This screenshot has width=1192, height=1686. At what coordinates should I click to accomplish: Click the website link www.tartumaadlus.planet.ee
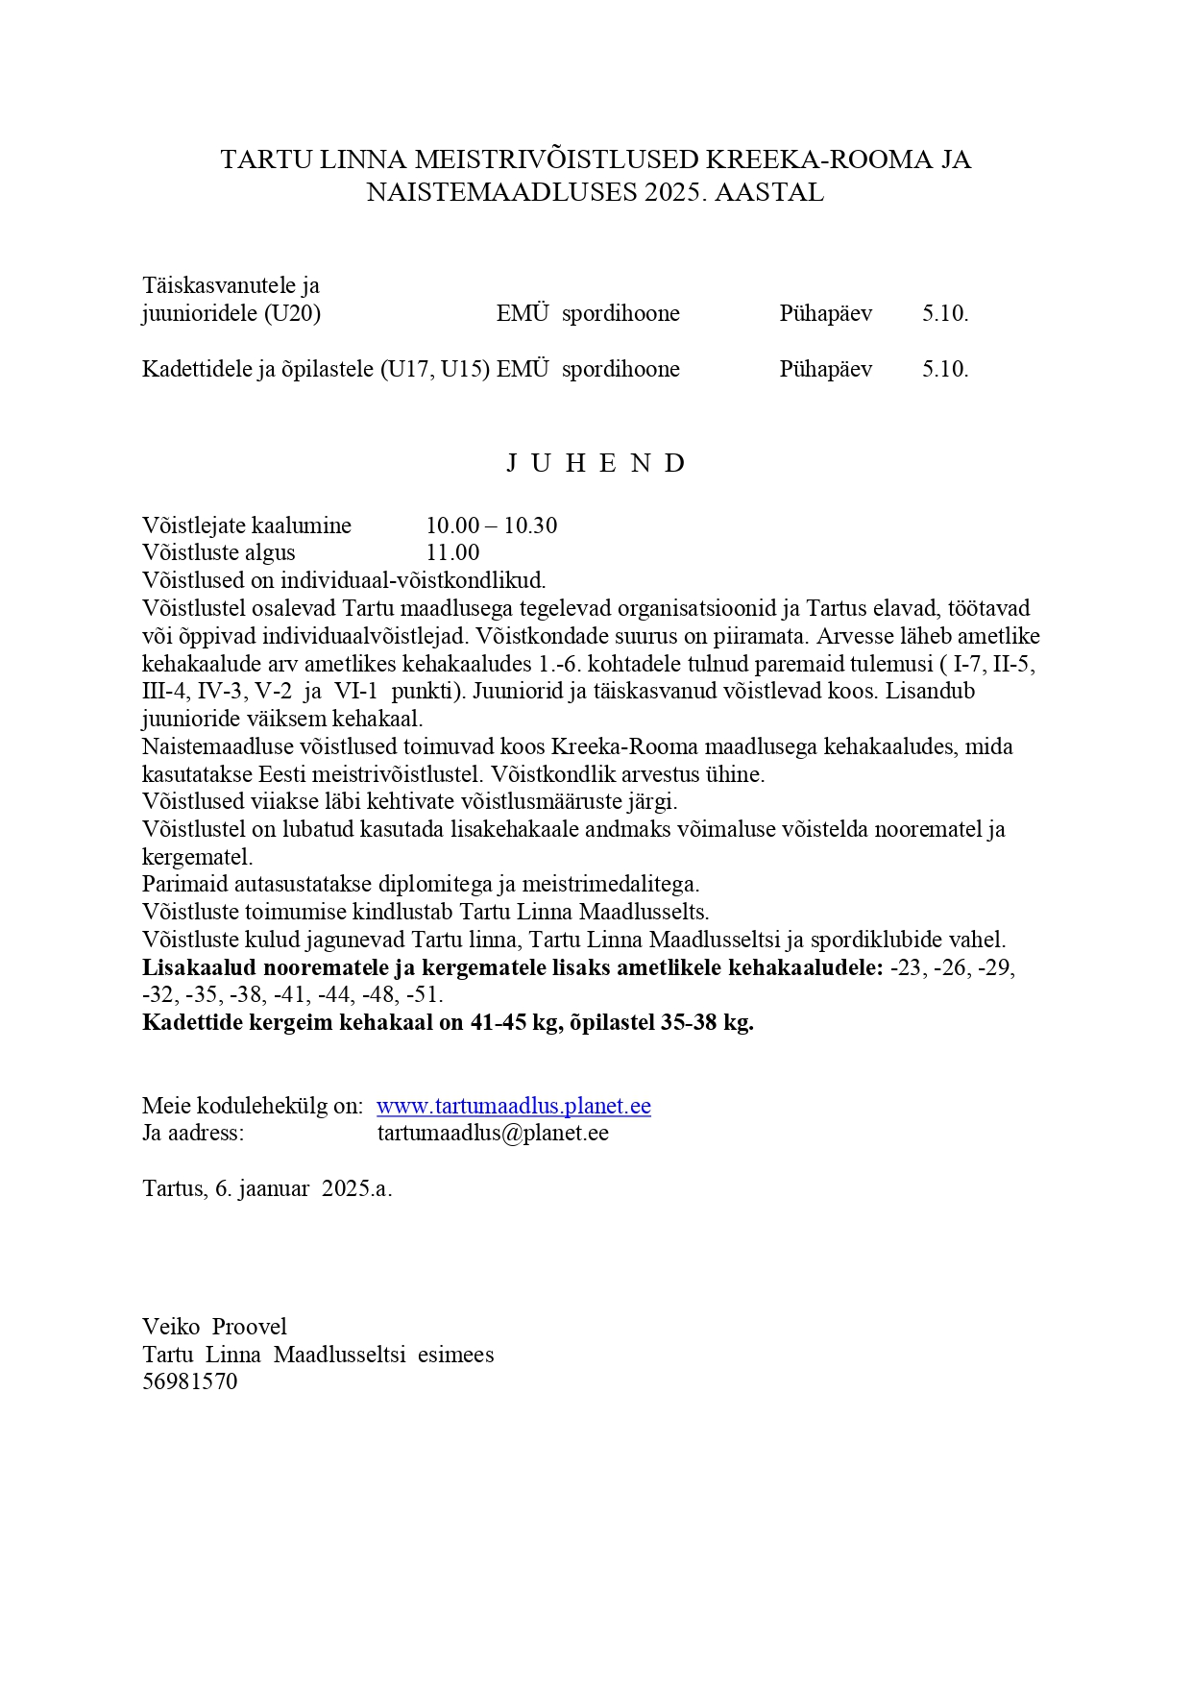point(514,1106)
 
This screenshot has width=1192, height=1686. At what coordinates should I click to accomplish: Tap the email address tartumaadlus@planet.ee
point(493,1133)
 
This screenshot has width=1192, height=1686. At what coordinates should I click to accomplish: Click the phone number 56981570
point(189,1381)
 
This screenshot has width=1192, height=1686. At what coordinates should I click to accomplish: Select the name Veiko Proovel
point(214,1327)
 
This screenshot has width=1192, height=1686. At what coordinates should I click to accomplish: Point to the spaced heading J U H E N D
point(596,463)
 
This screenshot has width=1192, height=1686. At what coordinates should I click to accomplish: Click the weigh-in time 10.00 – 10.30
point(492,525)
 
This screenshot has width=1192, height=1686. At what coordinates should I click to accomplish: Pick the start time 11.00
point(452,552)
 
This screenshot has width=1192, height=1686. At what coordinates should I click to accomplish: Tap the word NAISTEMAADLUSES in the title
point(502,192)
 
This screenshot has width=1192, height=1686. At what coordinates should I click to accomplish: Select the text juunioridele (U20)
point(231,313)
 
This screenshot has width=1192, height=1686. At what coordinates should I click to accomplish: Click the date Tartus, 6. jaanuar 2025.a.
point(267,1188)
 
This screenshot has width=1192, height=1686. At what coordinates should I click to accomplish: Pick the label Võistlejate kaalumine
point(247,525)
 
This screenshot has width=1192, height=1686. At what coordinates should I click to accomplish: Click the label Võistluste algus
point(219,552)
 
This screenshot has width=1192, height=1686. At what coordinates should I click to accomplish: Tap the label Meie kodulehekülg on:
point(253,1106)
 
